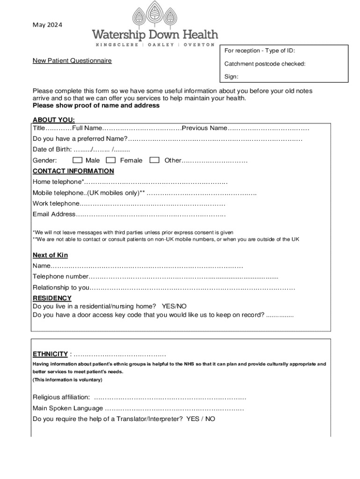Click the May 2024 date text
[x=47, y=25]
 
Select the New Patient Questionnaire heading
[x=72, y=61]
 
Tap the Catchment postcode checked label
[x=265, y=64]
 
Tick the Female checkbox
[x=112, y=160]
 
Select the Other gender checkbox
[x=154, y=160]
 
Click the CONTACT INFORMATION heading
[x=73, y=171]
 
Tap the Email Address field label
[x=54, y=214]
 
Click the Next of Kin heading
[x=50, y=255]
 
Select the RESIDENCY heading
[x=52, y=298]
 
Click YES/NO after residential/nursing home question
[x=174, y=306]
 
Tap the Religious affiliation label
[x=61, y=397]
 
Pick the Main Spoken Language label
[x=68, y=408]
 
